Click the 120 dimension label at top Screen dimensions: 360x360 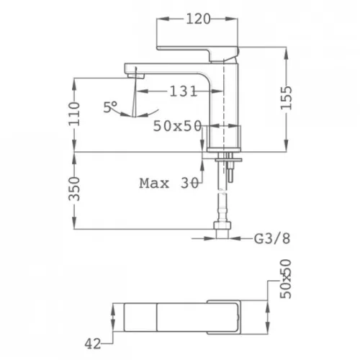(198, 19)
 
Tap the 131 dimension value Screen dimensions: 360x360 (183, 91)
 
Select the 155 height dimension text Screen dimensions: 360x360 (287, 97)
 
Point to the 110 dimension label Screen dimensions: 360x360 (74, 114)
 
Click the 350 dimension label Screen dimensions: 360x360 (74, 189)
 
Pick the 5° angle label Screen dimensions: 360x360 (110, 107)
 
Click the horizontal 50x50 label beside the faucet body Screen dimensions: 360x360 (177, 126)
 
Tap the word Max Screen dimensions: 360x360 (154, 184)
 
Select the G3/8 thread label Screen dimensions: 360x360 (272, 238)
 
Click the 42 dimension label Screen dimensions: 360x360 (93, 344)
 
